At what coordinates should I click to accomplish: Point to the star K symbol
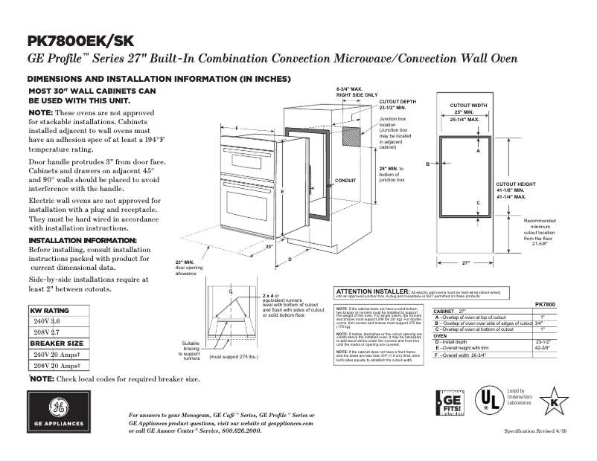[552, 422]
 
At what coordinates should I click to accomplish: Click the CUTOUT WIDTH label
[469, 106]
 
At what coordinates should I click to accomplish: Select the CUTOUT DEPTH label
[398, 101]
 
